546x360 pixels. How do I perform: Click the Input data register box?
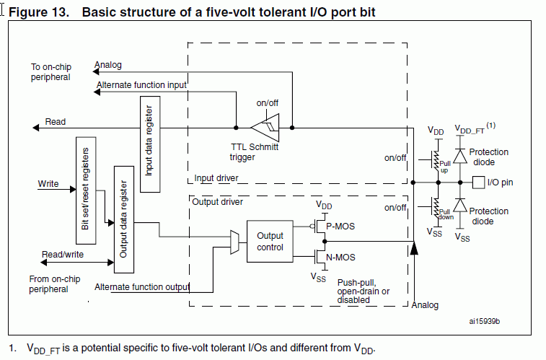[x=150, y=144]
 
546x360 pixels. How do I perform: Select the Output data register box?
[x=124, y=219]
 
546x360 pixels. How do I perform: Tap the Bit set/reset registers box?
[x=86, y=190]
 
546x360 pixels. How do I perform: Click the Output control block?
[x=270, y=241]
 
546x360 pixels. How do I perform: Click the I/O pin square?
[x=478, y=183]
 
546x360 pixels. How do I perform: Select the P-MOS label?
[x=340, y=227]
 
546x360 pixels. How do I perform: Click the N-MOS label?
[x=340, y=258]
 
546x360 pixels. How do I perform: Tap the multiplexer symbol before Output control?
[x=234, y=242]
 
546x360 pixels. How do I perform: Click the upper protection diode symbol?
[x=460, y=156]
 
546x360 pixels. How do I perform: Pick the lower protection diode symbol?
[x=460, y=205]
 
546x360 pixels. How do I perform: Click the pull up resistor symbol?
[x=436, y=160]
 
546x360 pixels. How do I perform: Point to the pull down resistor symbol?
[x=436, y=208]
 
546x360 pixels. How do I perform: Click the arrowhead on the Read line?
[x=35, y=128]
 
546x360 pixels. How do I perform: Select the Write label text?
[x=48, y=183]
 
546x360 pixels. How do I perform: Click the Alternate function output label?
[x=142, y=287]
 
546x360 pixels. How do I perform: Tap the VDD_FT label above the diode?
[x=470, y=130]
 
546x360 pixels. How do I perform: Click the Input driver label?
[x=216, y=178]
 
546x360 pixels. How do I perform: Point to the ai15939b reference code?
[x=485, y=321]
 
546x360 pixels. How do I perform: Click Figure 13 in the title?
[x=39, y=12]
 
